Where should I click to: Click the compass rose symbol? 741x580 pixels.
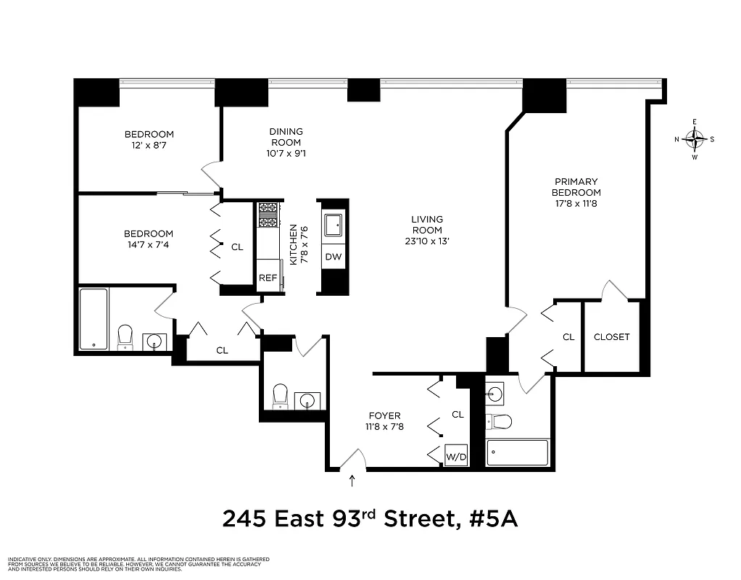pyautogui.click(x=695, y=138)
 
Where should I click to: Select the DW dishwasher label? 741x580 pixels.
pyautogui.click(x=334, y=257)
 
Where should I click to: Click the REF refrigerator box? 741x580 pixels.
pyautogui.click(x=268, y=276)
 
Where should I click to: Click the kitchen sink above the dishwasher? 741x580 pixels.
pyautogui.click(x=334, y=224)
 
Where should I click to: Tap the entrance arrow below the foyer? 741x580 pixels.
pyautogui.click(x=352, y=480)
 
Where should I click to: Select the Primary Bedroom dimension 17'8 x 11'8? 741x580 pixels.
pyautogui.click(x=576, y=204)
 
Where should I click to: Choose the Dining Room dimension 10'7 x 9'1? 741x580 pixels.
pyautogui.click(x=286, y=154)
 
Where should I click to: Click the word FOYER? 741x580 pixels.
pyautogui.click(x=384, y=415)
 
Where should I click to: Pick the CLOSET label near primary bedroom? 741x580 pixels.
pyautogui.click(x=611, y=337)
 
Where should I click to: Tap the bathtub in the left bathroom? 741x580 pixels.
pyautogui.click(x=94, y=319)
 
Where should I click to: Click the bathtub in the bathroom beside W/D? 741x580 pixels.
pyautogui.click(x=516, y=453)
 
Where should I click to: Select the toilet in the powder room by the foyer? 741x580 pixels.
pyautogui.click(x=280, y=397)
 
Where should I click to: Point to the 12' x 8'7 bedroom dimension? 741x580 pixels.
pyautogui.click(x=149, y=146)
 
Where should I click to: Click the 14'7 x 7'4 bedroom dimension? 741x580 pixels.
pyautogui.click(x=149, y=245)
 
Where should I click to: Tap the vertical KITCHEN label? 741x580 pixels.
pyautogui.click(x=294, y=245)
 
